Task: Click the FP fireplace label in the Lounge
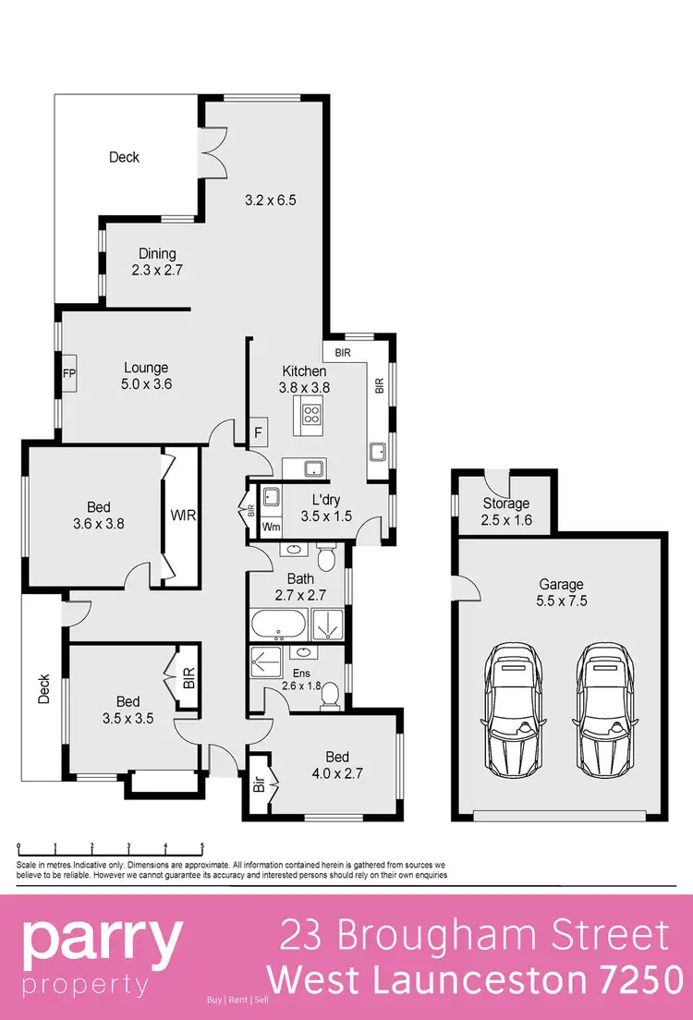pyautogui.click(x=68, y=374)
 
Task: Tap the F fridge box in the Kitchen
pyautogui.click(x=259, y=431)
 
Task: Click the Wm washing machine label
pyautogui.click(x=272, y=527)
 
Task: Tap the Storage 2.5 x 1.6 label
pyautogui.click(x=506, y=511)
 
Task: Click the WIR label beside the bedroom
pyautogui.click(x=182, y=515)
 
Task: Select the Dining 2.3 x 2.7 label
pyautogui.click(x=157, y=262)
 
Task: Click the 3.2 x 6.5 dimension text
pyautogui.click(x=270, y=199)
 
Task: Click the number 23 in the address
pyautogui.click(x=303, y=936)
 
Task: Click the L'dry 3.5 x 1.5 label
pyautogui.click(x=326, y=508)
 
